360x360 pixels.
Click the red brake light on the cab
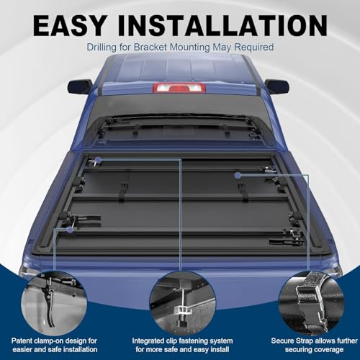179,88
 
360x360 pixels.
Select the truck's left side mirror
80,87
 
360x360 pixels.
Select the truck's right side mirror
277,86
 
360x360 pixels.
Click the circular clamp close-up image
54,304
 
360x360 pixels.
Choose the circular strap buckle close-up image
311,304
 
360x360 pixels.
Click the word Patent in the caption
22,341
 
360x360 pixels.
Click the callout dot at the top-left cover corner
99,160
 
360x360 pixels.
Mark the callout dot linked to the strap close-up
238,176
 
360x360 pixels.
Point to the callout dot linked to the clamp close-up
70,230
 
